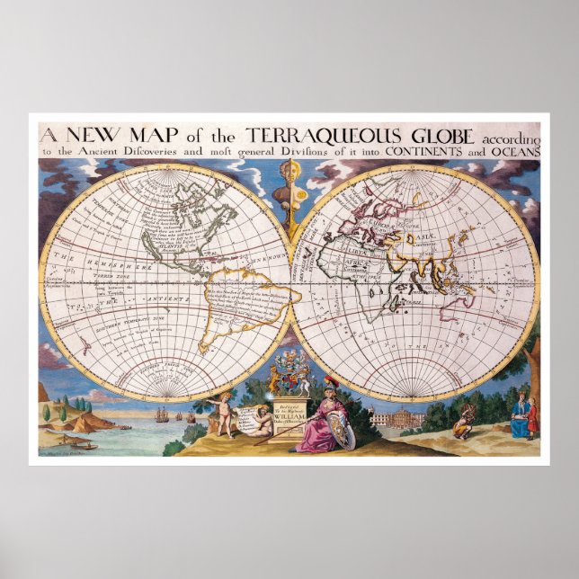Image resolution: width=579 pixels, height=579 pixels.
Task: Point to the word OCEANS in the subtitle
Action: point(515,152)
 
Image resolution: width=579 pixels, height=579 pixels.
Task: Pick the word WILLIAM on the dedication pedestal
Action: point(289,419)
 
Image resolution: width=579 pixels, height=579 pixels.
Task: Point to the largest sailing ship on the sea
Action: point(161,414)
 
